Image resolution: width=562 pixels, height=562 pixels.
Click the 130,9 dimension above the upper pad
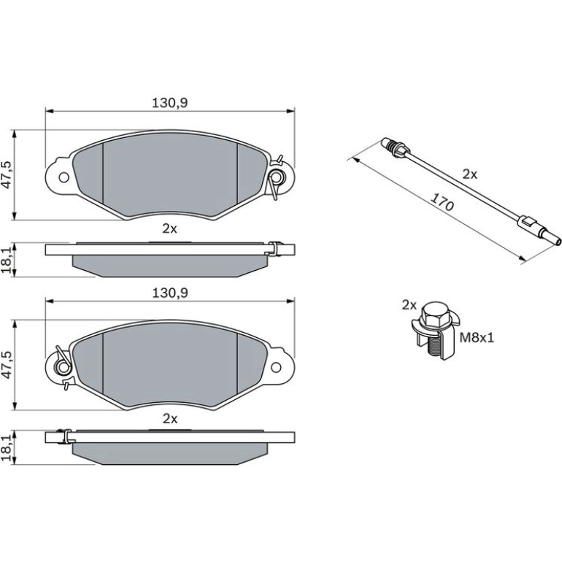point(170,103)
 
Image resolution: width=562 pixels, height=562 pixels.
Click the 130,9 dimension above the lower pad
point(170,293)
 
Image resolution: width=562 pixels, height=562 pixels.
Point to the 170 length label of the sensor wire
point(442,202)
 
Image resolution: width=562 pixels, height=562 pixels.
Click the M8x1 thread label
point(477,337)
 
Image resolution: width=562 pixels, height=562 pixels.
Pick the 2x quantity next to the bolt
point(409,305)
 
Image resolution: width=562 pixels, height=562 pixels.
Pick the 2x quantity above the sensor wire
point(469,174)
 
